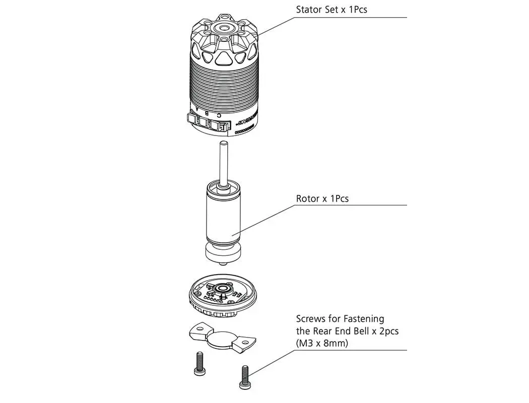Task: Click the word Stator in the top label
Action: click(x=308, y=10)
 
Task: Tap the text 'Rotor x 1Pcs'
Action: click(x=322, y=198)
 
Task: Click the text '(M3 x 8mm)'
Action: click(x=322, y=343)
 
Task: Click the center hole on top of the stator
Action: click(x=223, y=27)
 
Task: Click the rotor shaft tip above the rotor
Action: click(x=223, y=147)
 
